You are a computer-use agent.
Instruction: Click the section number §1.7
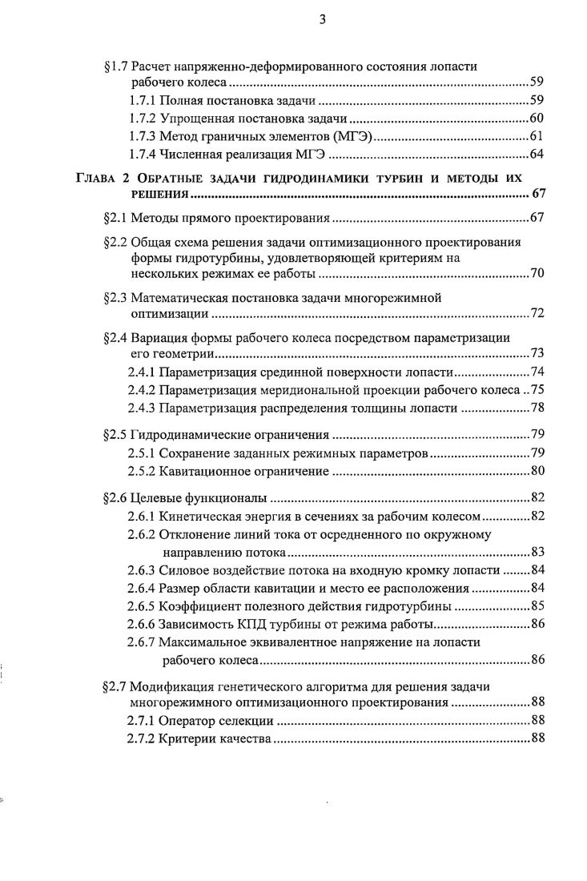117,66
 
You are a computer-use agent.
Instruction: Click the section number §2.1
117,218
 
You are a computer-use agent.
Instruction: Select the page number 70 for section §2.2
537,275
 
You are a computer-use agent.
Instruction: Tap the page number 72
537,313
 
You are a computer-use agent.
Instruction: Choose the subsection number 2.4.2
142,390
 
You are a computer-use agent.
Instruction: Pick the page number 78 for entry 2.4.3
537,408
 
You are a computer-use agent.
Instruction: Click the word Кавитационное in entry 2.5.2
204,470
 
